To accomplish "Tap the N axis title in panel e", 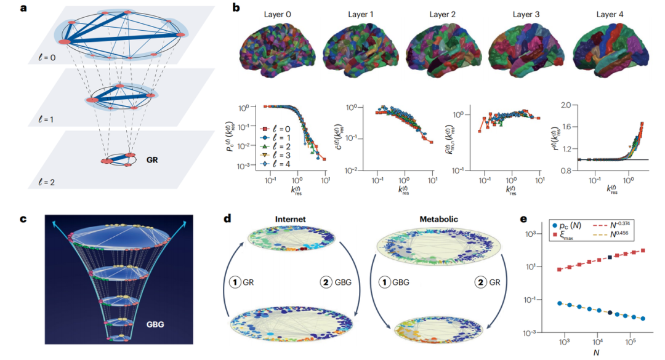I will (595, 353).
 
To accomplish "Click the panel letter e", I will (523, 219).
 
